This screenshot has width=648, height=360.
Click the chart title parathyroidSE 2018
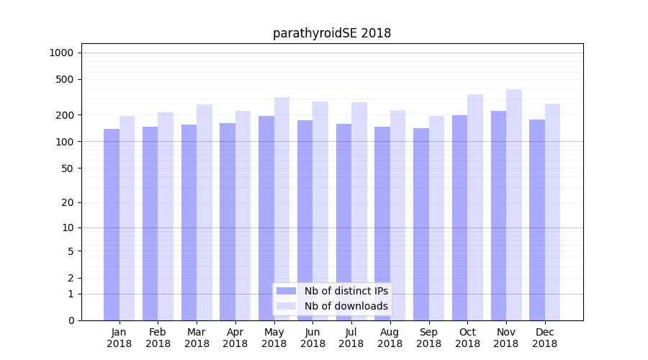[x=332, y=33]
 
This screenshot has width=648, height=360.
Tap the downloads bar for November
[x=514, y=205]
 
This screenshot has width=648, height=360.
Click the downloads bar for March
[x=204, y=212]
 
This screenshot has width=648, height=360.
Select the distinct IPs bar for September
[x=421, y=225]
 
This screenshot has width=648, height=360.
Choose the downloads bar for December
[x=553, y=212]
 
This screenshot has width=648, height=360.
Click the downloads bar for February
[x=166, y=216]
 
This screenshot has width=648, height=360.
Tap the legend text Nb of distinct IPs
[x=346, y=291]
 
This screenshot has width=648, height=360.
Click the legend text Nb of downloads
[x=346, y=306]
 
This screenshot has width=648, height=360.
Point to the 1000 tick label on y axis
[x=61, y=53]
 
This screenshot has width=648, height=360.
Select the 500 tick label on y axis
[x=66, y=79]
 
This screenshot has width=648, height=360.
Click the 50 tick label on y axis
[x=68, y=168]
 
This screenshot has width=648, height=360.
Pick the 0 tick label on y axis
[x=71, y=320]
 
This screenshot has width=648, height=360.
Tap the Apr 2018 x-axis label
[x=235, y=338]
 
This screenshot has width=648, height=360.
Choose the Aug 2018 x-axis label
[x=390, y=338]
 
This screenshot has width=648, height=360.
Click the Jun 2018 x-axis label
[x=312, y=338]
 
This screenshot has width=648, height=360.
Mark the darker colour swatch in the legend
[x=286, y=291]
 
